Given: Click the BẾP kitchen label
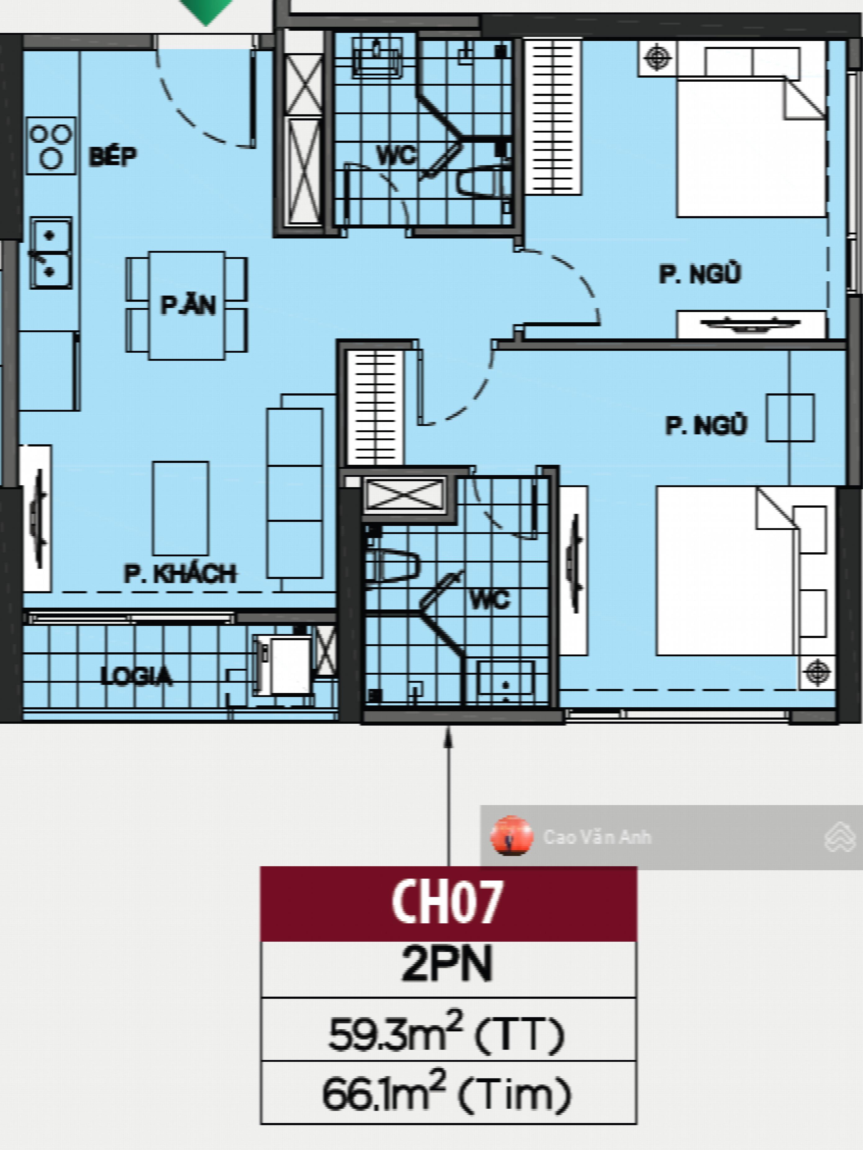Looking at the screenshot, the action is coord(113,156).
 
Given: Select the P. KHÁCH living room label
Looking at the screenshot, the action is coord(180,573).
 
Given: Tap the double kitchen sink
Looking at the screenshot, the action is coord(50,253).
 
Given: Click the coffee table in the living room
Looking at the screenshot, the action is coord(180,508).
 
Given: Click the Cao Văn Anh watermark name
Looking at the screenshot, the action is coord(597,837).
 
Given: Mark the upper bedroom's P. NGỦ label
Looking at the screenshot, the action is coord(700,274).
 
